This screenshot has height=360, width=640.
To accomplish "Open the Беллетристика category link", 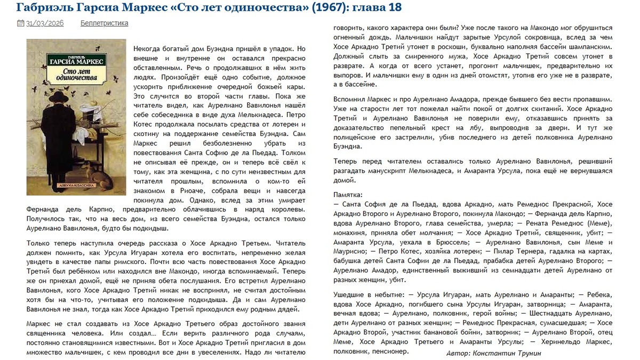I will pos(104,23).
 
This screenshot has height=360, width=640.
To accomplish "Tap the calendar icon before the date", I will pos(20,23).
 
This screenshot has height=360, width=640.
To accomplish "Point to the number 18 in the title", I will pos(394,7).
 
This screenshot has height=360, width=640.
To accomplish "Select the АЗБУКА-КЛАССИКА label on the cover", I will pos(76,186).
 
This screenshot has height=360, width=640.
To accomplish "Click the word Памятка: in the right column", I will pos(348,195).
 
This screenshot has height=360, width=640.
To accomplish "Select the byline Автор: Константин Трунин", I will pos(494,353).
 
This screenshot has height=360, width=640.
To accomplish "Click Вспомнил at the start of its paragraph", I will pos(349,100).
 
